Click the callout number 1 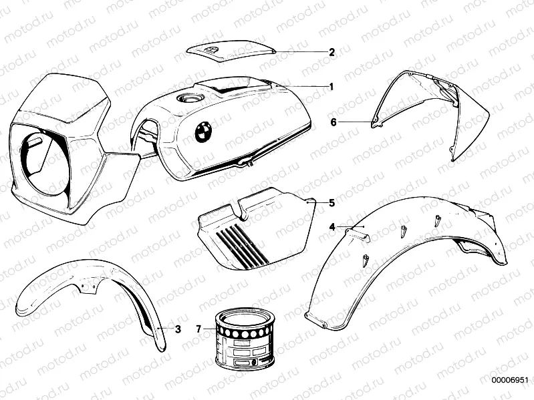coord(330,86)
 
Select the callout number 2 coord(331,51)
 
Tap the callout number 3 coord(178,329)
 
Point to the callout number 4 coord(331,226)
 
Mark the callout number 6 coord(333,122)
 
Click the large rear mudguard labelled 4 coord(401,260)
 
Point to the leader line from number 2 coord(301,51)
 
